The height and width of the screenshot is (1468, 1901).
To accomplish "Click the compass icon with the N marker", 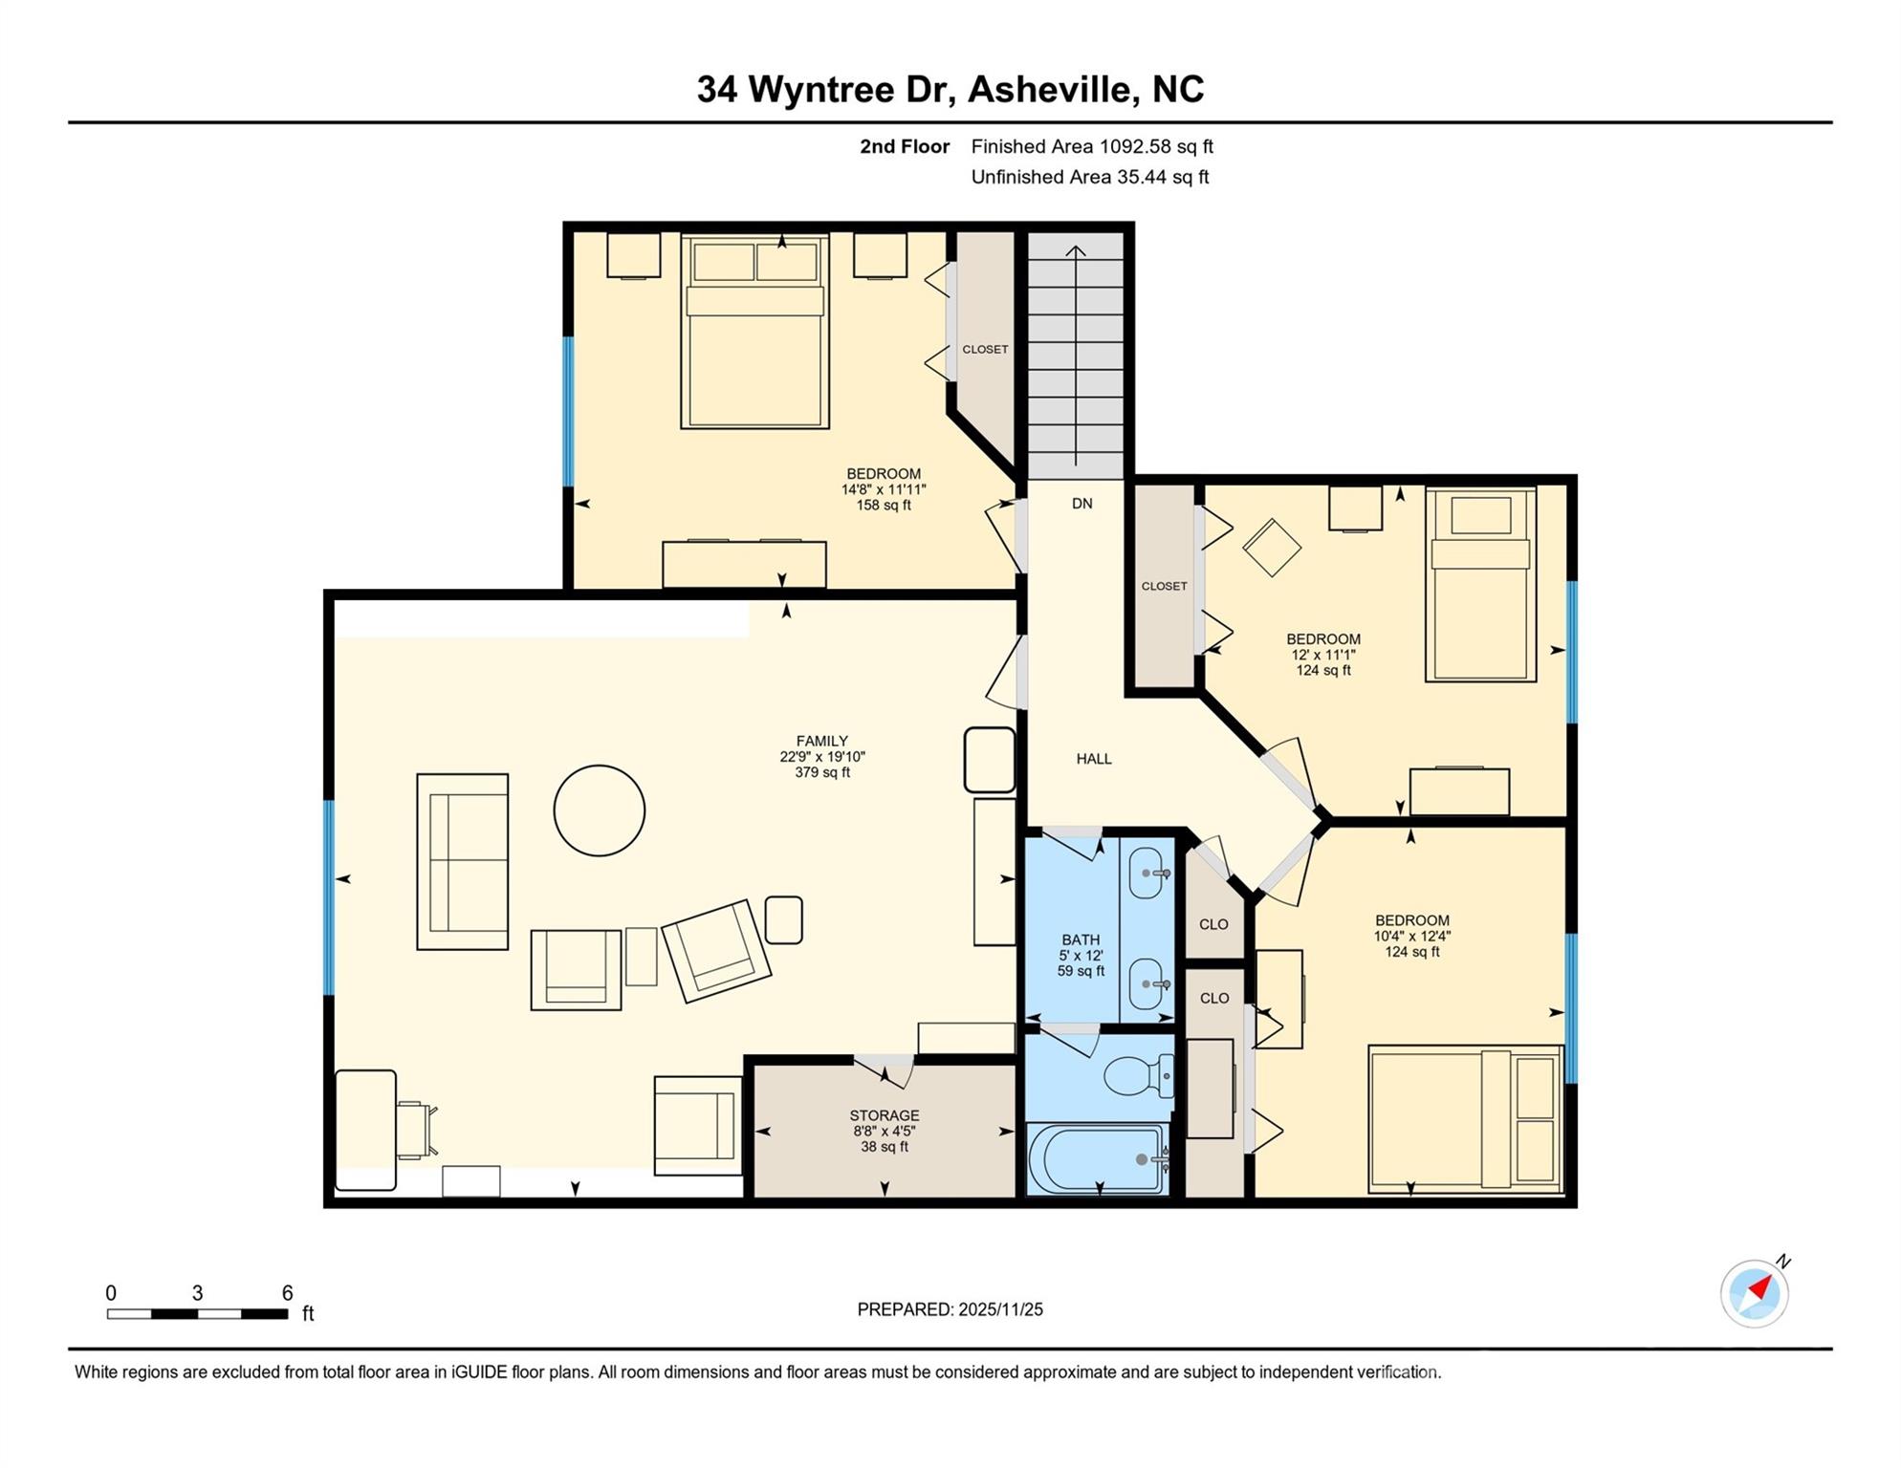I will [x=1754, y=1294].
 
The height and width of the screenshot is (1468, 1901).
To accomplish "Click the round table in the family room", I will [x=600, y=810].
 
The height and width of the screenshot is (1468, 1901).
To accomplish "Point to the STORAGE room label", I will [x=884, y=1115].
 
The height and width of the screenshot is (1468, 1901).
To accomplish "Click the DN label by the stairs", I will [x=1082, y=504].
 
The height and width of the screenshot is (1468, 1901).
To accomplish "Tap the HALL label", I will [x=1094, y=759].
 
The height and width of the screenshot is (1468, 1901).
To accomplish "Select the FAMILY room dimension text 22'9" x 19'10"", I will [x=821, y=757].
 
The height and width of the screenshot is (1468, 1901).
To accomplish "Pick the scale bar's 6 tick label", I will [x=287, y=1293].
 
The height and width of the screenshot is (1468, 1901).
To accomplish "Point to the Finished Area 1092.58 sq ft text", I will [x=1091, y=146].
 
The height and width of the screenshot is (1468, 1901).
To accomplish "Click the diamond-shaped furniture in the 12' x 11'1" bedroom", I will [x=1271, y=548].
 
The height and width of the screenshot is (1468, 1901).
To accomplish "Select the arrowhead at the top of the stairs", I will [x=1076, y=251].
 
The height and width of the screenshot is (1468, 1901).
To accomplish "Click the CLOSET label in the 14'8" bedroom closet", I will [x=985, y=350].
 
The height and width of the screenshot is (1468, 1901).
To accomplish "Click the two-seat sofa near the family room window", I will [x=462, y=862].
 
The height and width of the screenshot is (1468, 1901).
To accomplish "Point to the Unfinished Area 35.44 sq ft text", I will [x=1089, y=177].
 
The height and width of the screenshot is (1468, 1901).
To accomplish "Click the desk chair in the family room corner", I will [x=415, y=1129].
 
